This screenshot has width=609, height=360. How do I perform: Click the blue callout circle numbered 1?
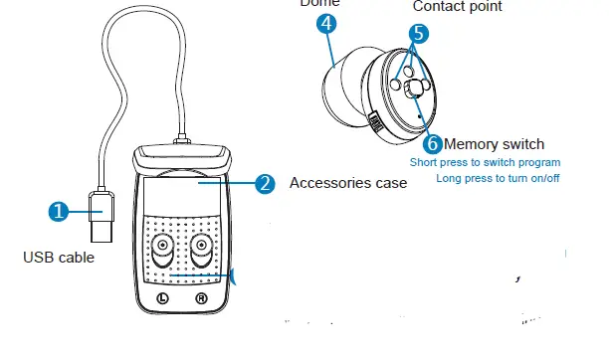tap(59, 211)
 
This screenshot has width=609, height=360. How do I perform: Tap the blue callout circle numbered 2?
tap(264, 184)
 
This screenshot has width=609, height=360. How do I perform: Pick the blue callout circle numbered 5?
tap(419, 33)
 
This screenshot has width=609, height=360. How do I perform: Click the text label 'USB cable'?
tap(58, 259)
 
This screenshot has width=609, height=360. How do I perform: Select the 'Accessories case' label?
tap(347, 183)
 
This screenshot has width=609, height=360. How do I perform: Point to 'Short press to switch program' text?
tap(486, 161)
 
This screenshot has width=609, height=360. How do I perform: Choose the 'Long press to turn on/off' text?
tap(499, 178)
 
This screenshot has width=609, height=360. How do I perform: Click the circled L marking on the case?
tap(163, 298)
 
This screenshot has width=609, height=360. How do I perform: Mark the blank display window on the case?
tap(184, 195)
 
